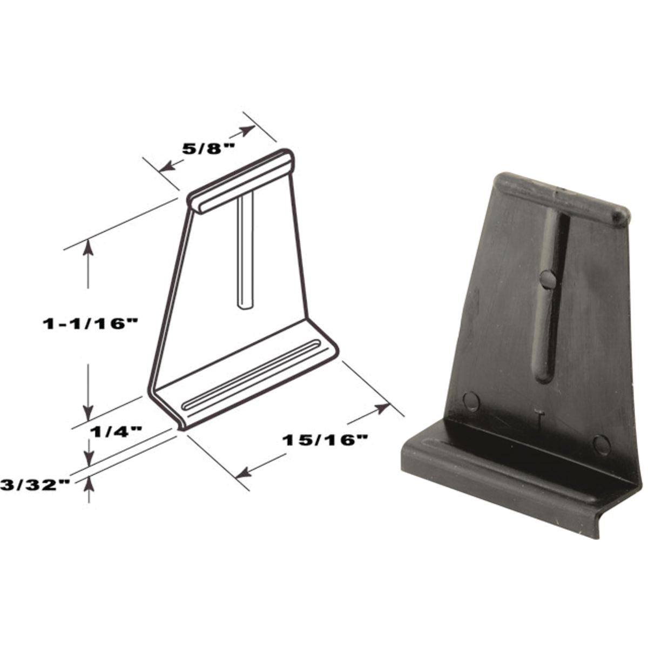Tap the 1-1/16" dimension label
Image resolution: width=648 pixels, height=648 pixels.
(x=91, y=324)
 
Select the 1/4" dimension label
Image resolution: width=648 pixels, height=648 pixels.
(x=116, y=431)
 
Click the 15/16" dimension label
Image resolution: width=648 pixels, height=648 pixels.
(x=325, y=440)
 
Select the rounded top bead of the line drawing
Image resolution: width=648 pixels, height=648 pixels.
(x=243, y=181)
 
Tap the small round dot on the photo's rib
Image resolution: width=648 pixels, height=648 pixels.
(x=548, y=279)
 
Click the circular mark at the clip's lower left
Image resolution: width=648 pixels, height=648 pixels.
(x=471, y=401)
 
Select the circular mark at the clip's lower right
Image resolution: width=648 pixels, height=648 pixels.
(x=601, y=444)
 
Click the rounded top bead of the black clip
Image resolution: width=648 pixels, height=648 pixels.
(x=562, y=198)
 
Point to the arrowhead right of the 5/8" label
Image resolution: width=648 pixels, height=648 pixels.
(x=248, y=130)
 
